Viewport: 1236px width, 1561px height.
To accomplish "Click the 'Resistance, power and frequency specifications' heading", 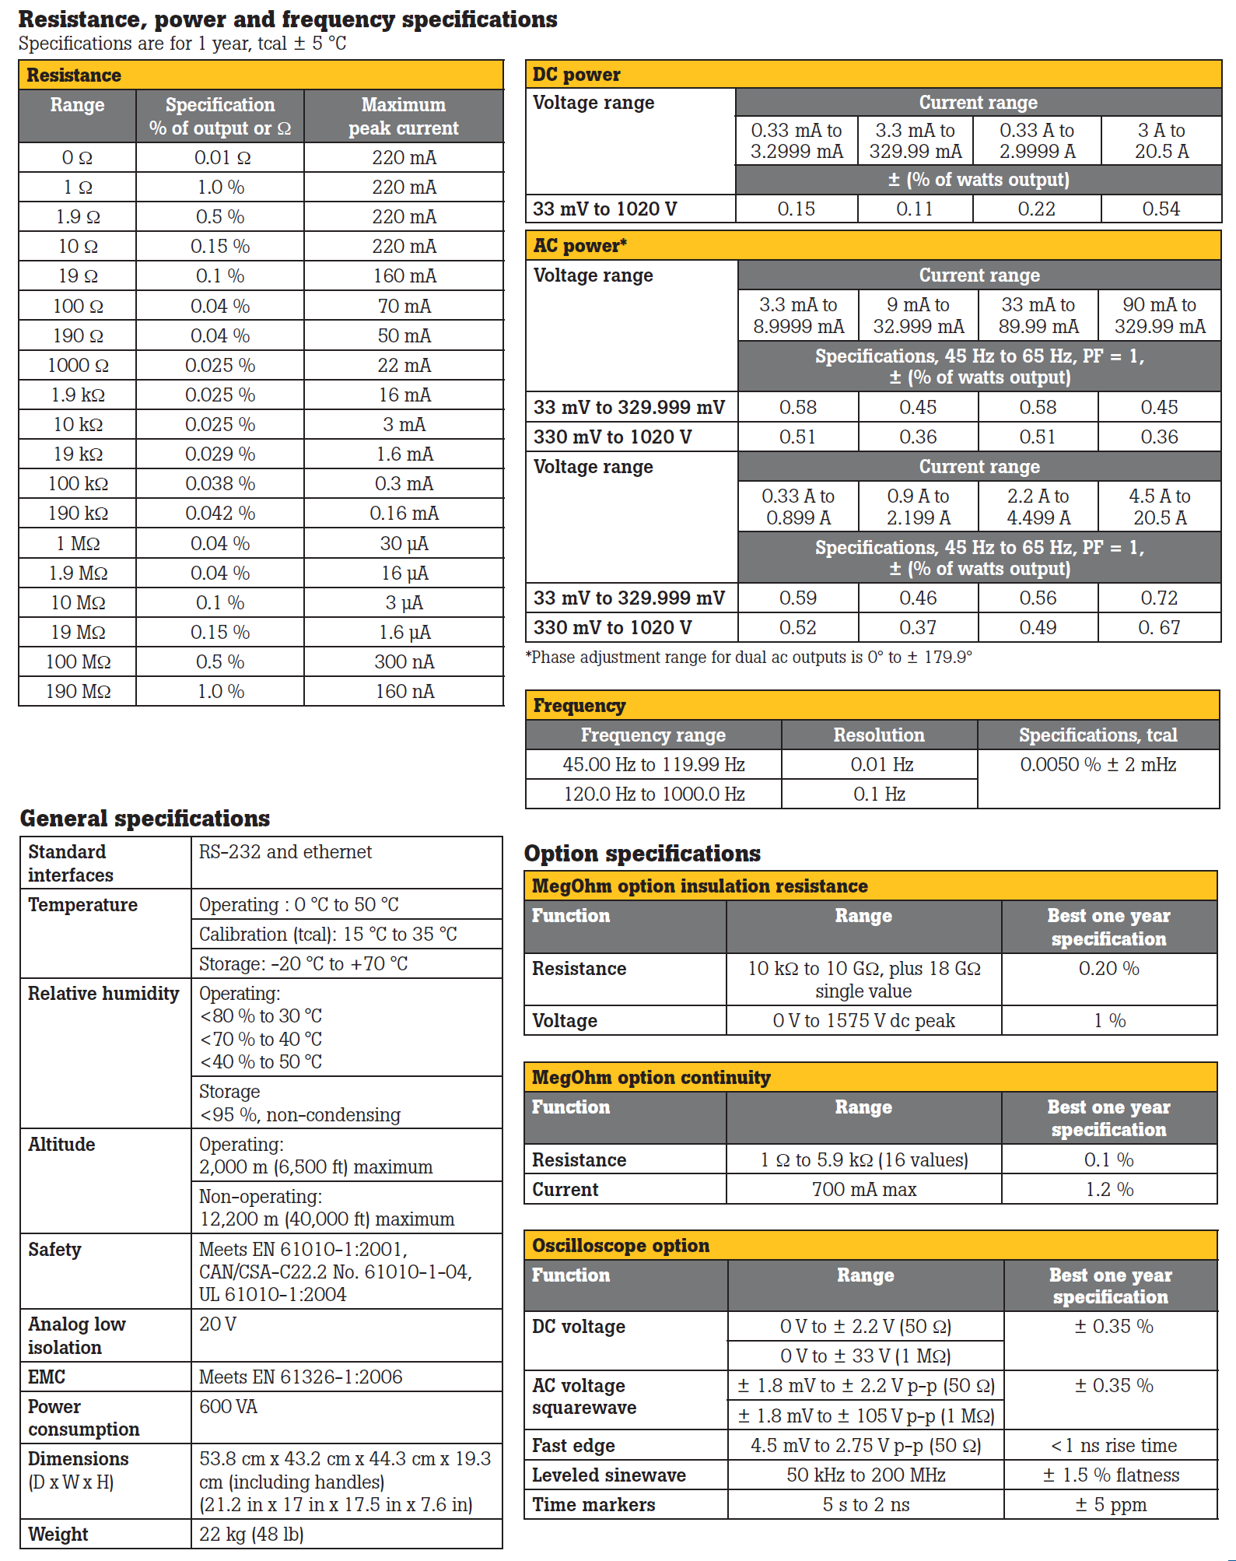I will (x=287, y=19).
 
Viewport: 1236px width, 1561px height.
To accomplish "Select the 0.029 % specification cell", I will (x=220, y=454).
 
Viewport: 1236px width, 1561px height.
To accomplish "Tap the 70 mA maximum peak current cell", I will (x=404, y=306).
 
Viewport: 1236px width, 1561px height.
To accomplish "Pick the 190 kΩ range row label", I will (x=78, y=513).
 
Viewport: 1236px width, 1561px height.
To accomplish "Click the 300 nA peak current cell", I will (x=404, y=661).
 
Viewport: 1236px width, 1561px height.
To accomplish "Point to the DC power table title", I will (x=576, y=75).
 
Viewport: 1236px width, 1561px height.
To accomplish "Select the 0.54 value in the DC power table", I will (x=1161, y=209).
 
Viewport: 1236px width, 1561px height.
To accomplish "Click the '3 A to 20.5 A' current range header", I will (x=1161, y=141).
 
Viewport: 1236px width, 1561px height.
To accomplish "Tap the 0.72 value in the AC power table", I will (x=1159, y=598).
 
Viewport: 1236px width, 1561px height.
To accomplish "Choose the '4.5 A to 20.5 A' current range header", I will (x=1159, y=507).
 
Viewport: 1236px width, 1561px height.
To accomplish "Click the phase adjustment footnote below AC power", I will (x=748, y=658).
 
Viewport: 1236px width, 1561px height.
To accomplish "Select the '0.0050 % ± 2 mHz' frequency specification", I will (x=1098, y=764).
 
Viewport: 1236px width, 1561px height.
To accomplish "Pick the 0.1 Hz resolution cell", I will (x=879, y=794).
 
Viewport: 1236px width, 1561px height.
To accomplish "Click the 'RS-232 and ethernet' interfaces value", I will (x=285, y=852).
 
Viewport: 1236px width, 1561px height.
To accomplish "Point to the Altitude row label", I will (x=61, y=1145).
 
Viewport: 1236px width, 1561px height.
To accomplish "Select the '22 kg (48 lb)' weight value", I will (x=251, y=1534).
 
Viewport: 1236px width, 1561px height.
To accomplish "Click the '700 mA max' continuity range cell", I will (x=863, y=1190).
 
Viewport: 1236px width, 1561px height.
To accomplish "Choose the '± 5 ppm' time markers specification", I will (x=1111, y=1504).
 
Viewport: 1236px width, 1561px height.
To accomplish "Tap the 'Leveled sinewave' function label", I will (x=608, y=1475).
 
